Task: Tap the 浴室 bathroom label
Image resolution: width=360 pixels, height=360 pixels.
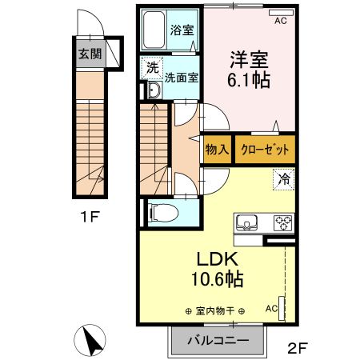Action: pos(182,31)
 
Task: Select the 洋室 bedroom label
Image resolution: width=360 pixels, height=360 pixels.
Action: pos(248,60)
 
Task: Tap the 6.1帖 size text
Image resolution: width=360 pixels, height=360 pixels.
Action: pos(248,81)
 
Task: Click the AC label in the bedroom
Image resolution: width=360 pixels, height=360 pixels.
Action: pos(280,22)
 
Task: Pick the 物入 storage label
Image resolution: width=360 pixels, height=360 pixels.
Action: pos(218,149)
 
